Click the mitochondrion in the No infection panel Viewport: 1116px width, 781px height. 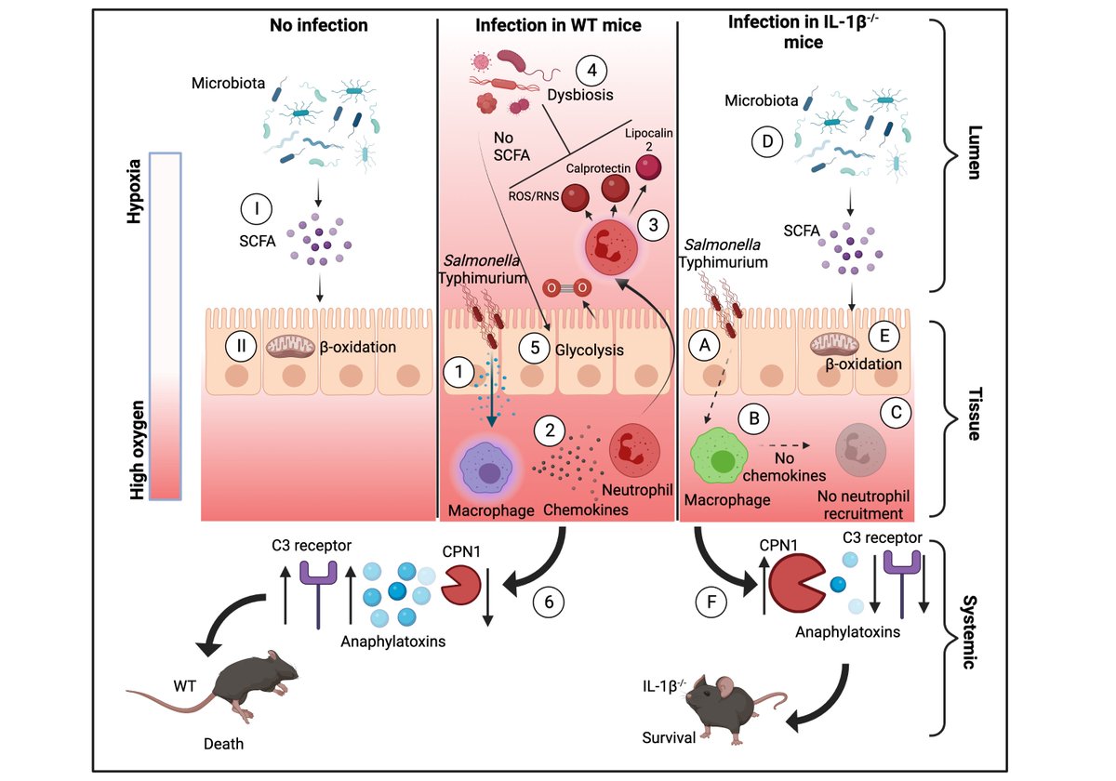click(x=291, y=347)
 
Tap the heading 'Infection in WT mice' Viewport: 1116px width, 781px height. click(x=558, y=25)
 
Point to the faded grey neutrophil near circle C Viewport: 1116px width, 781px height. click(x=861, y=451)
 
